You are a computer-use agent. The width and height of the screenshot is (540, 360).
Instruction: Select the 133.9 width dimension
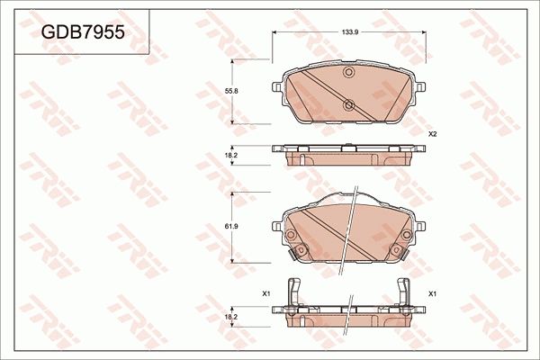tap(351, 32)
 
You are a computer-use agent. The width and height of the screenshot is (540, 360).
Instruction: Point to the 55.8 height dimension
tap(231, 92)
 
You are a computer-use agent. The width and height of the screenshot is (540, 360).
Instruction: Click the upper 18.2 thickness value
tap(231, 157)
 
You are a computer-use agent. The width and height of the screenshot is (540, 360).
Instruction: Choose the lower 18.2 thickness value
tap(231, 317)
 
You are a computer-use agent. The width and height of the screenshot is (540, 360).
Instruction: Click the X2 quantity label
tap(432, 134)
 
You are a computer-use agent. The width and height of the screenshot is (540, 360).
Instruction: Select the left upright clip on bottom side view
tap(291, 294)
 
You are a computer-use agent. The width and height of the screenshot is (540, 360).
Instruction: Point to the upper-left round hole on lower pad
tap(292, 237)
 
